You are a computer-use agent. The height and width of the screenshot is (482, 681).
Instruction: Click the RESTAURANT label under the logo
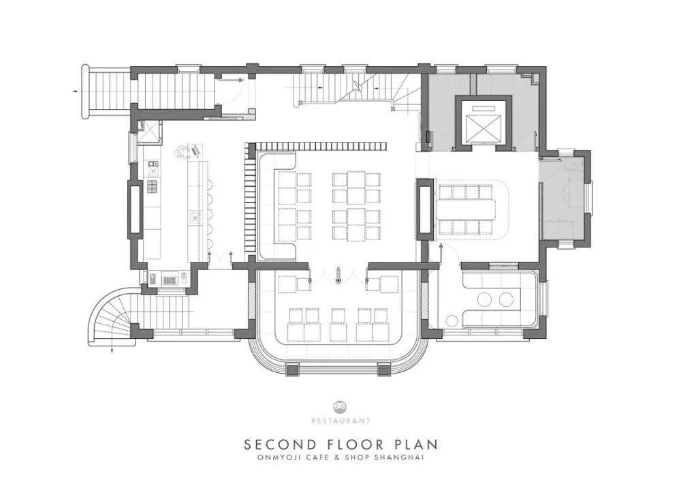(340, 421)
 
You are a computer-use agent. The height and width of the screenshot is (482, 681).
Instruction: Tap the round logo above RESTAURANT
(340, 407)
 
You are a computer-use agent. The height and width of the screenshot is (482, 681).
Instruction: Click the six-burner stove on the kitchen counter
(153, 186)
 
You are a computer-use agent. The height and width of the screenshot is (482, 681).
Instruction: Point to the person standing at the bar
(183, 152)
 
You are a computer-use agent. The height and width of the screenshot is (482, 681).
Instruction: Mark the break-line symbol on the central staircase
(357, 86)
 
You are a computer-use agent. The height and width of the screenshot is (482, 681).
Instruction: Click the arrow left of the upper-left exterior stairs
(76, 91)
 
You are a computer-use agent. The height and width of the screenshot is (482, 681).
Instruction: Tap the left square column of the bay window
(292, 370)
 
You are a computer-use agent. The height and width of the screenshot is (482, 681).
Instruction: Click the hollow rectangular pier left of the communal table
(424, 209)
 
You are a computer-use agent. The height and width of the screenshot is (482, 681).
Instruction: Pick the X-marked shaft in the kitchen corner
(150, 130)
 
